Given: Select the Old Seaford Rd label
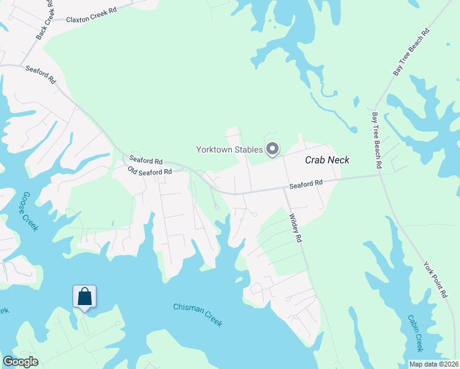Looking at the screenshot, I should coord(149,170).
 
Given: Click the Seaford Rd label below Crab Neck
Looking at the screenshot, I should coord(306,183).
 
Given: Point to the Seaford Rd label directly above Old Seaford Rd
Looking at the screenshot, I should coord(146,161).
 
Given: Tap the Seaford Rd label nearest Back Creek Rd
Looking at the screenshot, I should coord(41,76).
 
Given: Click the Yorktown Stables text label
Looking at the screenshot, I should coord(229,149).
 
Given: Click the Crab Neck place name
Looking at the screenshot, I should coord(327,160).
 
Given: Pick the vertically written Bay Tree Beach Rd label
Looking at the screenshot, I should coord(376,140).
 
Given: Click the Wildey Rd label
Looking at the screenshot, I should coord(296,228).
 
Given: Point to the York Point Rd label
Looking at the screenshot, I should coord(435,280).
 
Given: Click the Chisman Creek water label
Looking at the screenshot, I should coord(197,315).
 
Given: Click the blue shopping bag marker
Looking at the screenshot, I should coord(84,297).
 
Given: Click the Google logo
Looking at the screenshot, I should coord(20,362).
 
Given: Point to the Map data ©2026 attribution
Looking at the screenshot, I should coord(433,364).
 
